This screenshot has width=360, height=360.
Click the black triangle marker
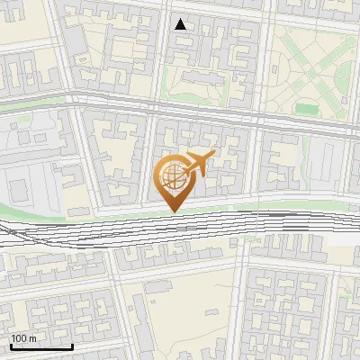pos(181,24)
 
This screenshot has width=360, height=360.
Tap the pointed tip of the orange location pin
pos(174,211)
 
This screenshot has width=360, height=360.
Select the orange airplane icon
pos(197,165)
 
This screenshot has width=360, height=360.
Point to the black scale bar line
pos(41,347)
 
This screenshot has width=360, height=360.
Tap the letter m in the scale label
pos(32,339)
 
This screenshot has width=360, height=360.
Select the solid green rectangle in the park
pos(308,110)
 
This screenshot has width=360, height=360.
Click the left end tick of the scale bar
pos(11,346)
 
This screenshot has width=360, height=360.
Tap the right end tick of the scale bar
pos(72,346)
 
